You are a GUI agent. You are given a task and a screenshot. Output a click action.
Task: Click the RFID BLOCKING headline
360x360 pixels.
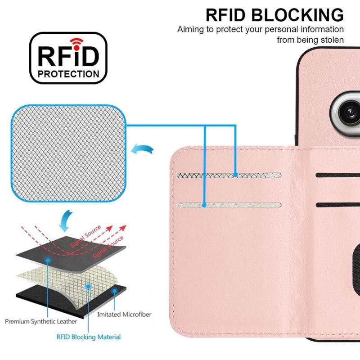pos(274,15)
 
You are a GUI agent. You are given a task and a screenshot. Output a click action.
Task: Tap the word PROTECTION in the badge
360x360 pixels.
pos(68,74)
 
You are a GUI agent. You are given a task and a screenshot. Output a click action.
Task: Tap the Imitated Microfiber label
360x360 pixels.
pos(124,315)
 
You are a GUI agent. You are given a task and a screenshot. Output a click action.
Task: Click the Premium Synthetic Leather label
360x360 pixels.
pos(41,321)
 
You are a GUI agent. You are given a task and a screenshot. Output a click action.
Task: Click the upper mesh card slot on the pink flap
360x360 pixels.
pos(229,175)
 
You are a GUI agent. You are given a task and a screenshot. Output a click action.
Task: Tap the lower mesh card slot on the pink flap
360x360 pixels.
pos(229,205)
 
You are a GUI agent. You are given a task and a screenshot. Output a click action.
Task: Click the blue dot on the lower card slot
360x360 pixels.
pos(204,205)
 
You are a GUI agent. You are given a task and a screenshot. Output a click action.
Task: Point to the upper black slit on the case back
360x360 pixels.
pos(337,175)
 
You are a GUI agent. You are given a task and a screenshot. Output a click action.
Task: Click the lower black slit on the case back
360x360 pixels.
pos(337,205)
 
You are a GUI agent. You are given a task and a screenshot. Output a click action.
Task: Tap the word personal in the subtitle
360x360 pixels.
pos(269,30)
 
